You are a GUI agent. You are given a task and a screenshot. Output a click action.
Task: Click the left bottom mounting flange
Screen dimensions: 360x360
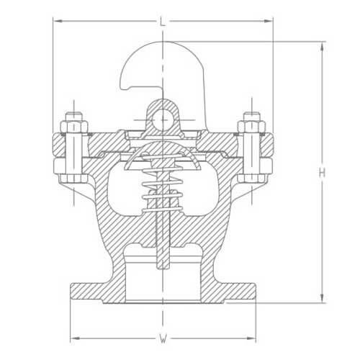click(x=86, y=292)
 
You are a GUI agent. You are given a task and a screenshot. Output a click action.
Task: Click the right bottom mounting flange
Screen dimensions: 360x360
click(x=240, y=292)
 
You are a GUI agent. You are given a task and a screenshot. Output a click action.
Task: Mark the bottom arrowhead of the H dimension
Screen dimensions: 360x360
click(x=322, y=301)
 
